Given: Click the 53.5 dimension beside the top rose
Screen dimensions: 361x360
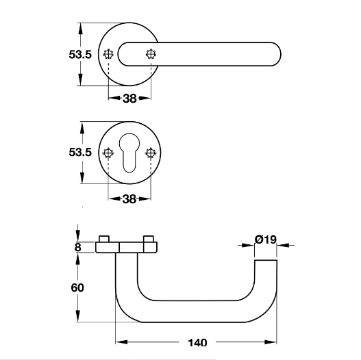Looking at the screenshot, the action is [80, 55].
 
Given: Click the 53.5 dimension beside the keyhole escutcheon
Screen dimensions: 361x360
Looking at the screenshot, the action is [80, 152].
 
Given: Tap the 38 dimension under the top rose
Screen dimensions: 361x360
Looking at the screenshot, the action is [129, 99].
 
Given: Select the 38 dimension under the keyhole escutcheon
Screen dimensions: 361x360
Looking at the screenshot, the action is [129, 199].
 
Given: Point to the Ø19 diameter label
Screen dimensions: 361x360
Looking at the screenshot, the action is [265, 240].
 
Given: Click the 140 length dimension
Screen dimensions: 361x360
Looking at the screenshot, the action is [197, 343].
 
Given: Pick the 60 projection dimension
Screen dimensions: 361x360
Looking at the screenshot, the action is [77, 287].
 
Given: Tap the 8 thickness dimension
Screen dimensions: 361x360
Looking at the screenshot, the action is [78, 247].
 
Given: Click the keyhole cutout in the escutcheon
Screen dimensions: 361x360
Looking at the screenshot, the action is [129, 153].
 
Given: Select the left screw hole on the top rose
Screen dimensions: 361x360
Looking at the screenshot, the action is [108, 54].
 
